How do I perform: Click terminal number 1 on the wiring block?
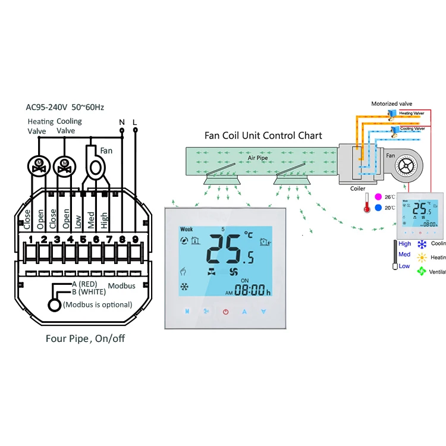pos(30,239)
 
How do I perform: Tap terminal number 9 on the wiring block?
pos(136,239)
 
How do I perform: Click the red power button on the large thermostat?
pos(226,311)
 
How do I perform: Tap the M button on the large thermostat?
pos(187,311)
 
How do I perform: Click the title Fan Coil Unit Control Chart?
pos(263,136)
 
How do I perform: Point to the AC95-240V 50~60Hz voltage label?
pos(65,107)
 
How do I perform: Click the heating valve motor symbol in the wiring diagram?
pos(40,165)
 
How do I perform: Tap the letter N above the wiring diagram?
pos(122,123)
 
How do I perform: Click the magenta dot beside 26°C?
pos(377,197)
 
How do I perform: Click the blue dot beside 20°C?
pos(377,208)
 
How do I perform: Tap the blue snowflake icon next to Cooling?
pos(422,244)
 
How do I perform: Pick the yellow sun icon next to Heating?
pos(422,257)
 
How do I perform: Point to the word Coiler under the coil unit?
pos(358,189)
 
